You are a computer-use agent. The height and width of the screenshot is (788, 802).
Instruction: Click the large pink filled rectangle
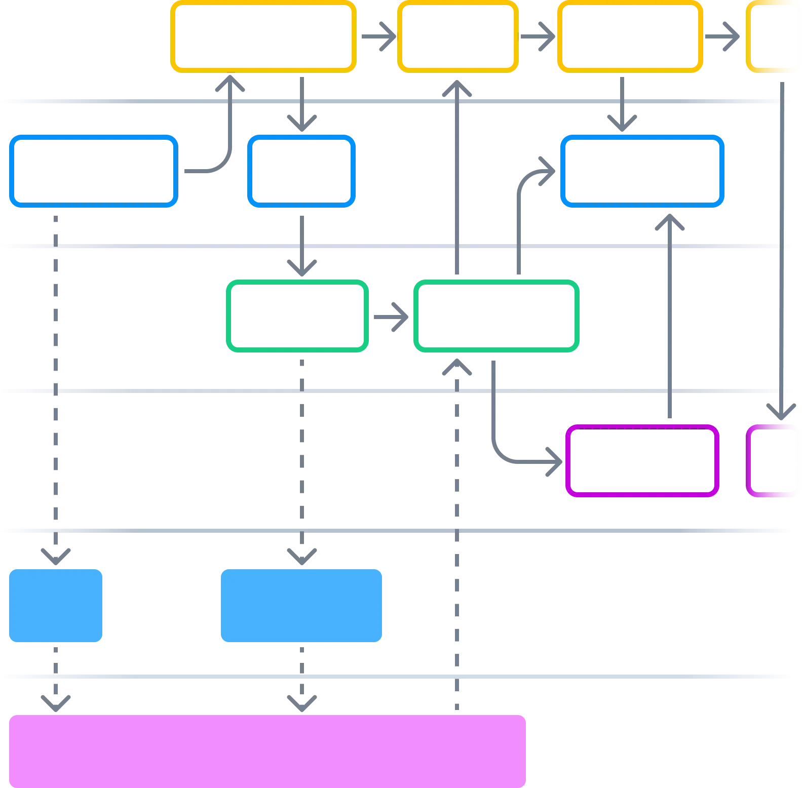click(x=268, y=750)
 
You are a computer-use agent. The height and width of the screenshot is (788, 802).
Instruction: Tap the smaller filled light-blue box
click(x=56, y=606)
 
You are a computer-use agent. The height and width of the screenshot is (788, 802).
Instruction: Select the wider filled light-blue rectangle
click(x=301, y=606)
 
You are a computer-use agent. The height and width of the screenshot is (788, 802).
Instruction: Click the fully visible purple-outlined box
click(x=642, y=460)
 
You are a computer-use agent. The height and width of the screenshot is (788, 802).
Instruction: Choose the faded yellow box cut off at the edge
click(x=773, y=36)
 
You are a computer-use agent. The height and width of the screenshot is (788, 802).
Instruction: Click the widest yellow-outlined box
click(x=263, y=36)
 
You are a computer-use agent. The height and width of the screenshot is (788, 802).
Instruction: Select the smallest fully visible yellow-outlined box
click(x=457, y=36)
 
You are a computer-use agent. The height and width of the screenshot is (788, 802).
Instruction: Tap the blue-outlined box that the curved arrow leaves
click(x=93, y=172)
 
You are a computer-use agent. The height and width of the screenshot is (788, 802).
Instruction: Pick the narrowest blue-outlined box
click(x=301, y=172)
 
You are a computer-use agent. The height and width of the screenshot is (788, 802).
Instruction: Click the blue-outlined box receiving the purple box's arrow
click(x=642, y=172)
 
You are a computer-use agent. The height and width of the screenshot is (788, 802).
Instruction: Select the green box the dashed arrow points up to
click(x=497, y=316)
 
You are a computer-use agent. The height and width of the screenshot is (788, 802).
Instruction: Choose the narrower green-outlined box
click(x=296, y=316)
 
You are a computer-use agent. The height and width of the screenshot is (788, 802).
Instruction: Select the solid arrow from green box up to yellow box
click(x=457, y=177)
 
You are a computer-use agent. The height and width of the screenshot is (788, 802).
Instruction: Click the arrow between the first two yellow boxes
click(x=377, y=36)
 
